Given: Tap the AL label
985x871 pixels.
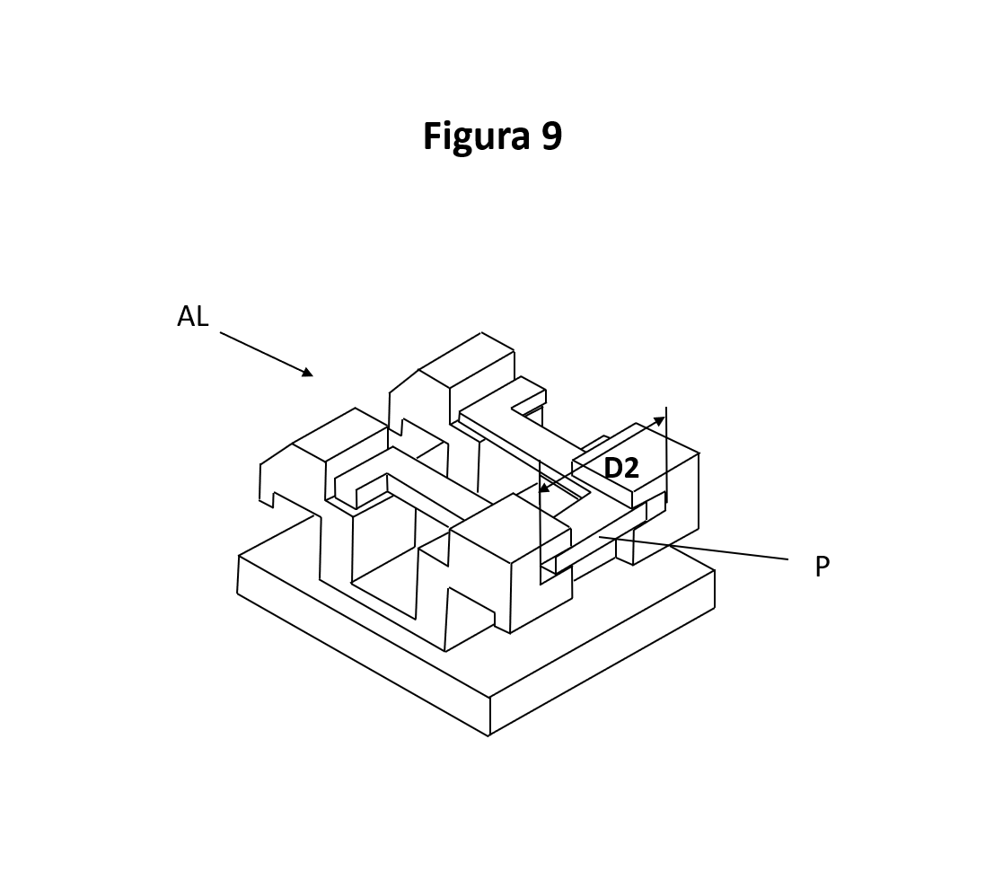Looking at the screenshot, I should (192, 316).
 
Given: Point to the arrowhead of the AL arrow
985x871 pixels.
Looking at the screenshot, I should (308, 373).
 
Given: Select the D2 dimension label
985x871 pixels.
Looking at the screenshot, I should (620, 468).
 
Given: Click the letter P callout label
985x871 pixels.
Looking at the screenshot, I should (822, 567).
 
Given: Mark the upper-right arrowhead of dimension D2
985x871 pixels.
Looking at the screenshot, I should (661, 419).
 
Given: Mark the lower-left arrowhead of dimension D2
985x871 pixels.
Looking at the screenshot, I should (542, 490).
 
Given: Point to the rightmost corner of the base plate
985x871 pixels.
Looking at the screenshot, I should (715, 571).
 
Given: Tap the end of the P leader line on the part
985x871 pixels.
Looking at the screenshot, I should (600, 537).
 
